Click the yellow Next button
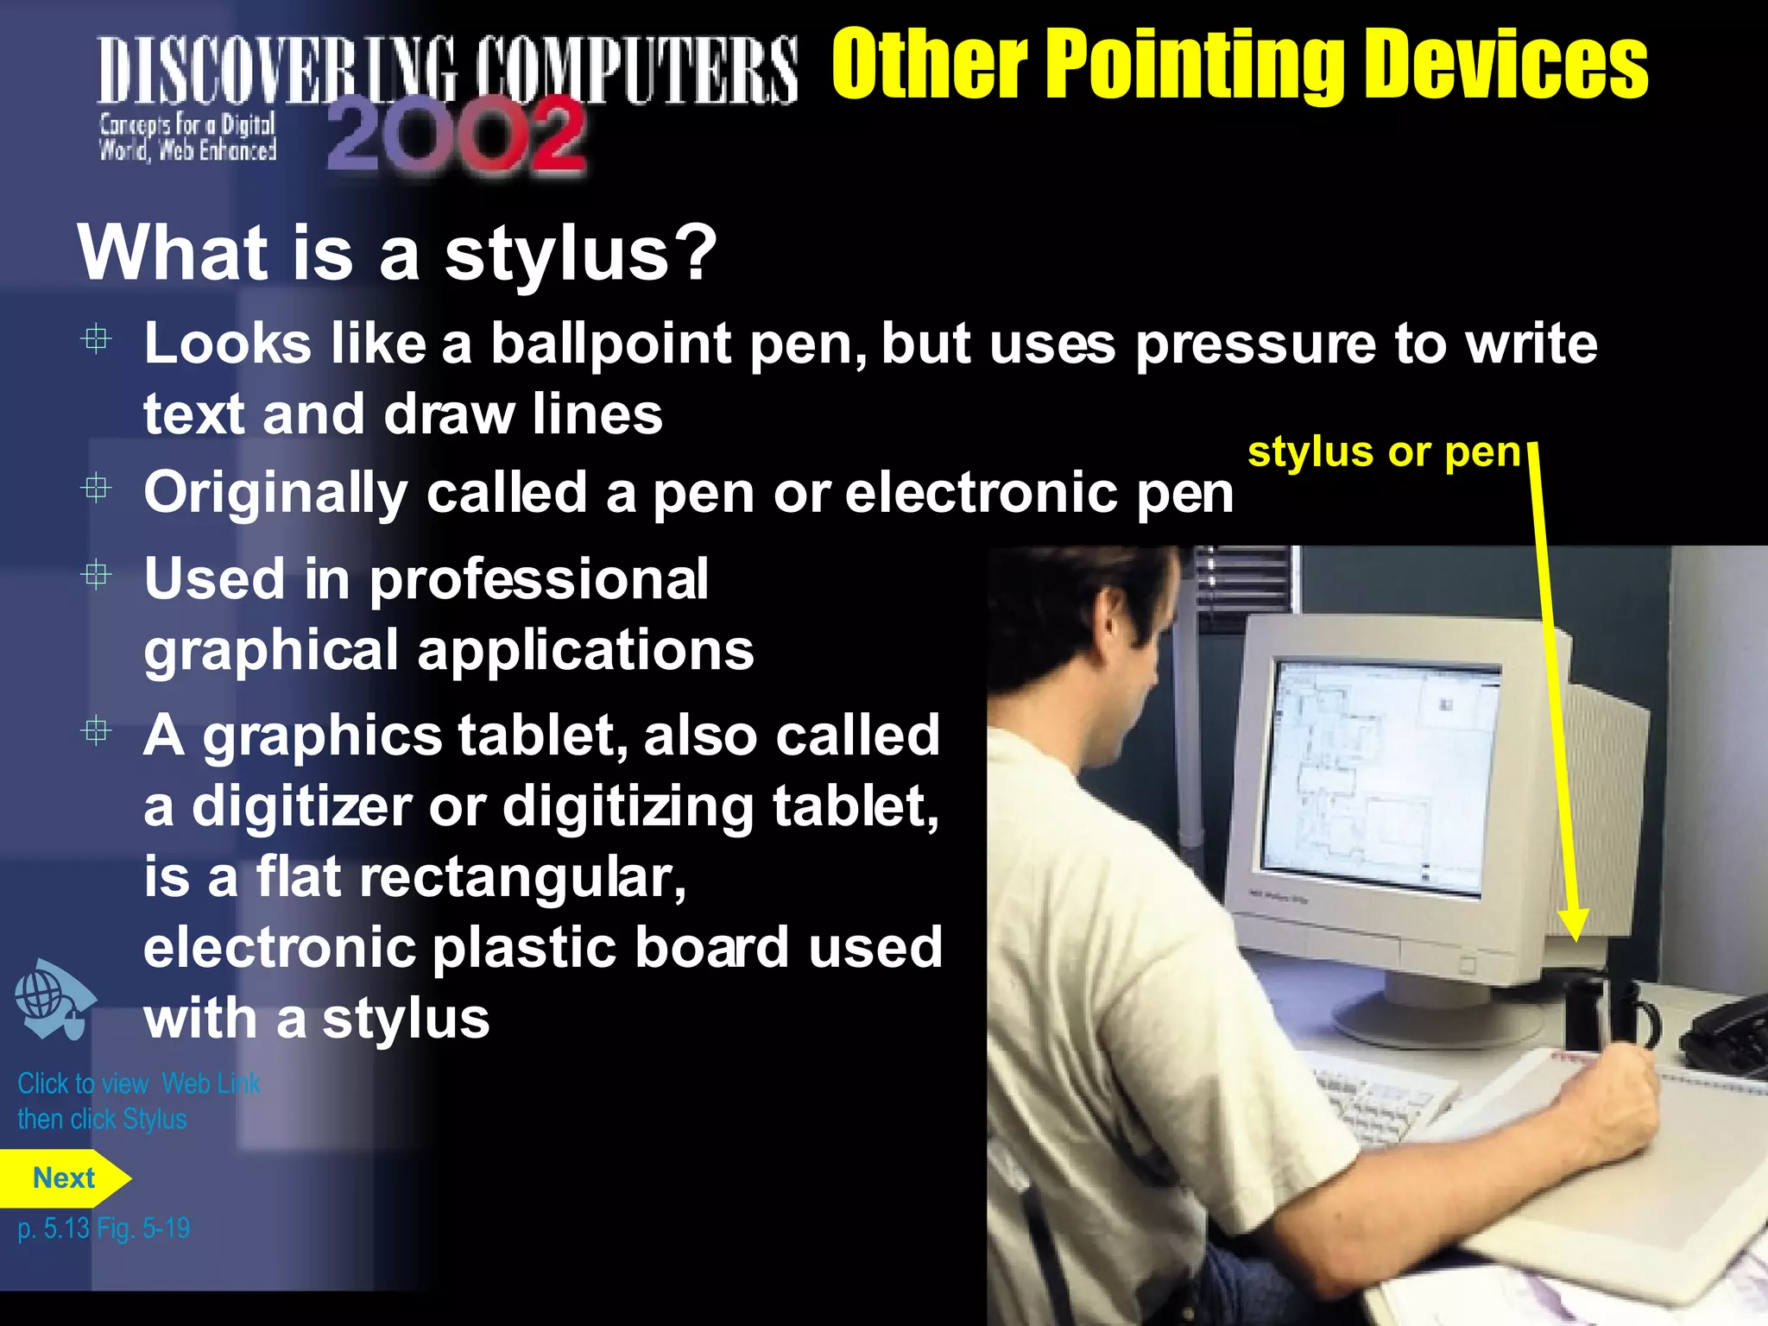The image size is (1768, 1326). [x=63, y=1178]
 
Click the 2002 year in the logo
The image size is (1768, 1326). [x=456, y=136]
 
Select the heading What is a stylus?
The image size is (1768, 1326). [x=397, y=253]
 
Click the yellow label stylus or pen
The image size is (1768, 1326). [x=1384, y=451]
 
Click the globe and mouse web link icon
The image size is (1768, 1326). [x=54, y=1000]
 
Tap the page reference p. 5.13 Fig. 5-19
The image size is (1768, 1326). [x=104, y=1228]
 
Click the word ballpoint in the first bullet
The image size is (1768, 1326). [x=611, y=344]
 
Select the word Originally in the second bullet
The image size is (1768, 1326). [x=275, y=493]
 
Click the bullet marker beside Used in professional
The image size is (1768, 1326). [x=96, y=575]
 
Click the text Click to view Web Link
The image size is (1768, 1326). [x=138, y=1083]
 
